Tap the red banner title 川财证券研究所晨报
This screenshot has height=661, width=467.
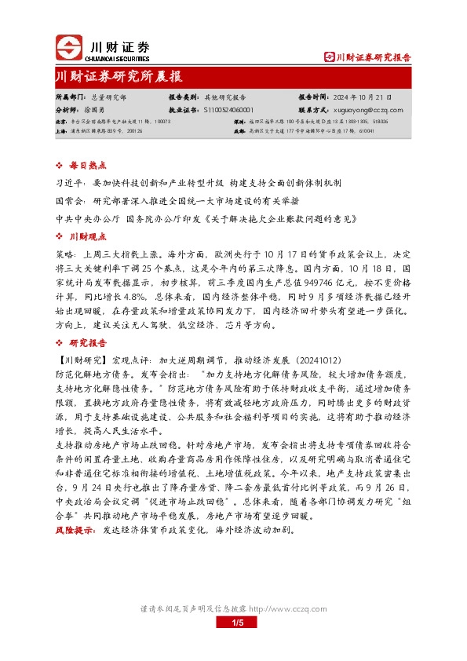(x=119, y=76)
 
